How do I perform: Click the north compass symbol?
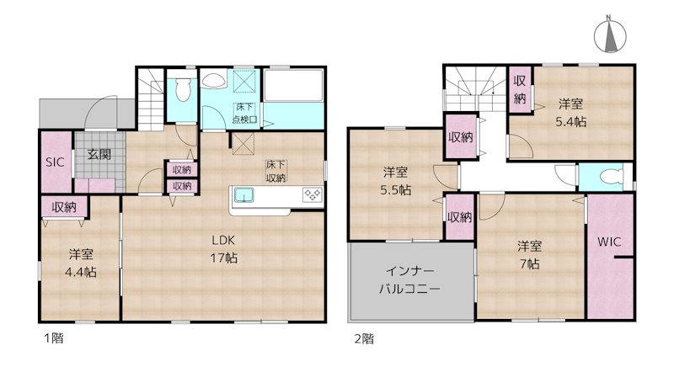coord(609,36)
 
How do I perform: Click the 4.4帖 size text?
coord(82,272)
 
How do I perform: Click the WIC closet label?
coord(609,242)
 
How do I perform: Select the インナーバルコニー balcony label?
coord(410,280)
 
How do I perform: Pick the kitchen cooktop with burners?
coord(311,195)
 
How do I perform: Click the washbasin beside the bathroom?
coord(213,82)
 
